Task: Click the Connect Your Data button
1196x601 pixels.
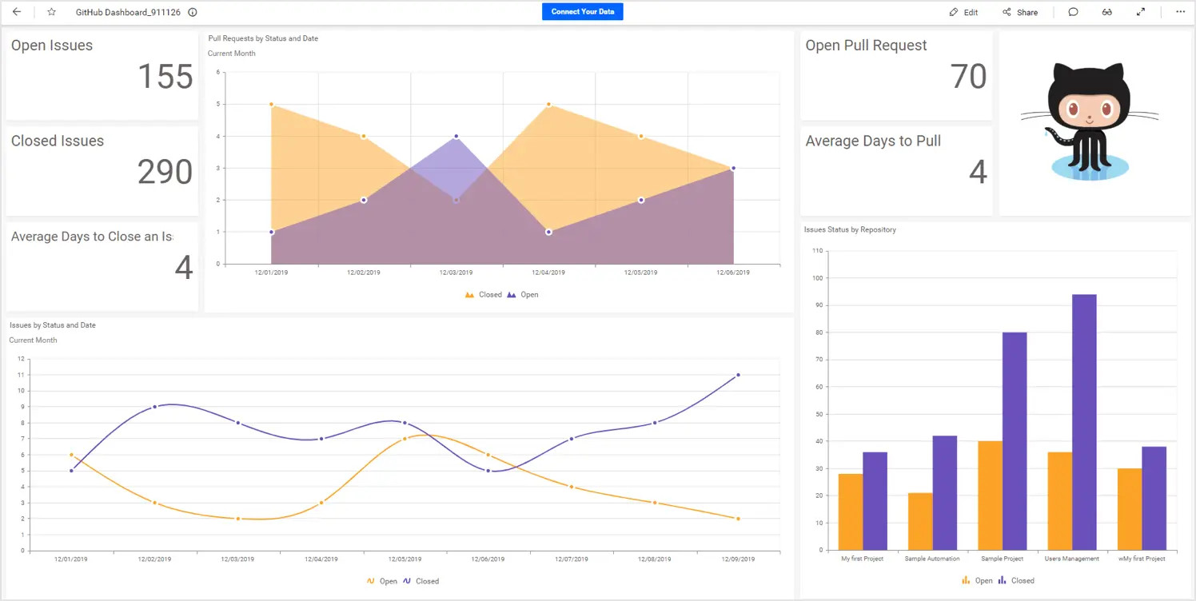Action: [x=582, y=12]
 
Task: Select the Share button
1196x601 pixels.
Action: [x=1020, y=13]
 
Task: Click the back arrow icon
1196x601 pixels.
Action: [x=17, y=12]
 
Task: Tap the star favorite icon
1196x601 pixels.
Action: [x=52, y=12]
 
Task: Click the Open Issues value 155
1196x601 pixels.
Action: [x=165, y=77]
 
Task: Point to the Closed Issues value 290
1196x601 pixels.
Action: [x=165, y=172]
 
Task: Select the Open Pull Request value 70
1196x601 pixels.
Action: [x=968, y=77]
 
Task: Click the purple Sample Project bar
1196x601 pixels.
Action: [x=1015, y=440]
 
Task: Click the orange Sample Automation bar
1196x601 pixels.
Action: [x=920, y=521]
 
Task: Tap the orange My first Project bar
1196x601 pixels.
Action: [x=851, y=511]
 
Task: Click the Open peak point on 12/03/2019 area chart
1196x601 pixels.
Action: [x=456, y=137]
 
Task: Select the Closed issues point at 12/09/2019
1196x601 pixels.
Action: [x=738, y=375]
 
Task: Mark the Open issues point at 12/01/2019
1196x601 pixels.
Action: [x=71, y=455]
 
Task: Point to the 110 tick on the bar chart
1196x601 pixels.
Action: [x=817, y=251]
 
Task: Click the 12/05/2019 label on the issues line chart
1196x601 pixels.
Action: [x=405, y=559]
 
